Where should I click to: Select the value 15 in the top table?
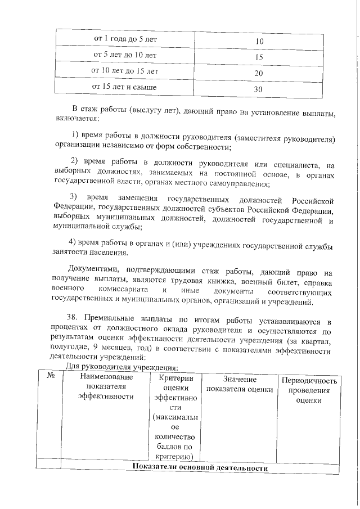click(x=259, y=57)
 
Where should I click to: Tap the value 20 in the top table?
click(x=259, y=74)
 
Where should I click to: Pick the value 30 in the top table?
click(x=259, y=89)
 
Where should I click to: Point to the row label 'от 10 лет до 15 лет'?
click(x=124, y=71)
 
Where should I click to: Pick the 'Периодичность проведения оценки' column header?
click(x=310, y=390)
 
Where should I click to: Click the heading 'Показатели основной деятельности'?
click(x=200, y=468)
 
